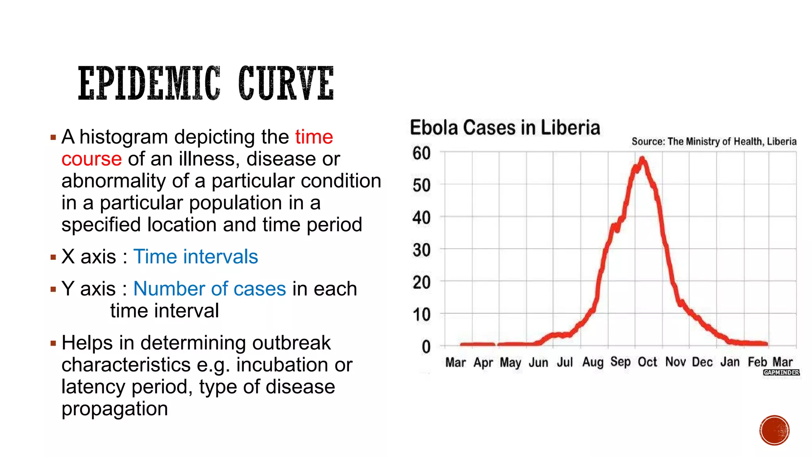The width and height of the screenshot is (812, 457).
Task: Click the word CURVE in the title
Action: [286, 84]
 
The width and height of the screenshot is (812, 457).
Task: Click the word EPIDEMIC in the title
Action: [149, 84]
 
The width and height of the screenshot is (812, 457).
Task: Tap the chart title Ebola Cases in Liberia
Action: [505, 128]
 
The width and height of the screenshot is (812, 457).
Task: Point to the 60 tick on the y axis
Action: [421, 153]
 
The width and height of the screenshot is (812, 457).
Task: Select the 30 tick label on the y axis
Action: [421, 250]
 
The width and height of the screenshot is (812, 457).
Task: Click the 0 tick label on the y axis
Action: [426, 347]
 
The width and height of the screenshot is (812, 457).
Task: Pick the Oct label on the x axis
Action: [647, 362]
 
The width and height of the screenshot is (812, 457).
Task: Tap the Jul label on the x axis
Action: [565, 362]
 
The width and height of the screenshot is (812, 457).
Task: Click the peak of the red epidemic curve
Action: [642, 159]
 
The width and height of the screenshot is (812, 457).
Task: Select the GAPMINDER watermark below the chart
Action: [781, 373]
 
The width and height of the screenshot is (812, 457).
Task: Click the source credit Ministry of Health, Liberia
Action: [714, 142]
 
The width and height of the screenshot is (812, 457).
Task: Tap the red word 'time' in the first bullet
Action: [314, 137]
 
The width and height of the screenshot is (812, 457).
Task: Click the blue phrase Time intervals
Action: [195, 257]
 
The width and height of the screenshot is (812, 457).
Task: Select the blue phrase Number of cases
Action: [209, 289]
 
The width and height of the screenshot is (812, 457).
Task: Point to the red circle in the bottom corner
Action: [774, 430]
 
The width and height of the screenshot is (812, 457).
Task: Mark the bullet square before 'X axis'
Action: [54, 257]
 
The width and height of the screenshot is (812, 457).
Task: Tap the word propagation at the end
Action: [115, 409]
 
